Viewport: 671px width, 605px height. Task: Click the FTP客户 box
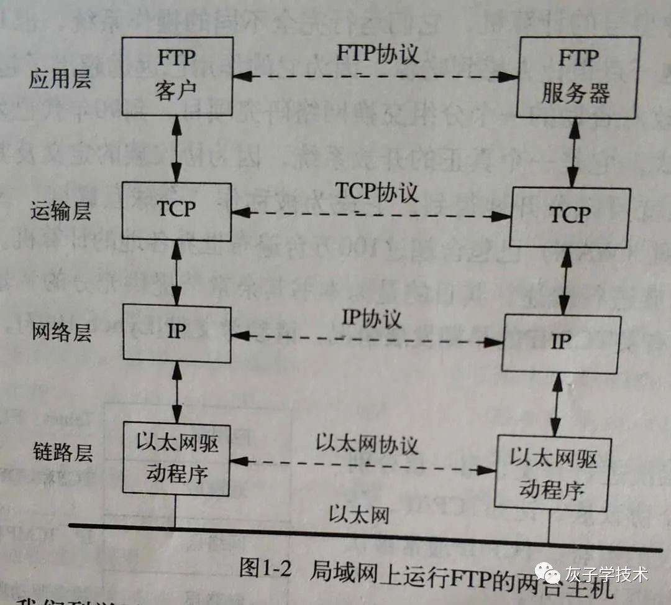(x=176, y=76)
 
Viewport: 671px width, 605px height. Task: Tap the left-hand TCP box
(x=176, y=211)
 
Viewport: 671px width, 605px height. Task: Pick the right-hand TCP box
(x=569, y=216)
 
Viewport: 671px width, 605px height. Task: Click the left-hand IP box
(x=176, y=331)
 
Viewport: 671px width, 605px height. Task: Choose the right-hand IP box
(x=562, y=343)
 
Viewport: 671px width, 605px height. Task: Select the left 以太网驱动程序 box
(x=176, y=459)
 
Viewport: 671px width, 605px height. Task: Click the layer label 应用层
(x=60, y=80)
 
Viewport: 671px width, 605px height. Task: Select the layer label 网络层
(x=60, y=332)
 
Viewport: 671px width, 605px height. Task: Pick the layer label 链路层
(x=60, y=453)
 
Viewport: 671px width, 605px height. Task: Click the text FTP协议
(x=378, y=54)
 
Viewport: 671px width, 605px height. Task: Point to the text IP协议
(x=372, y=318)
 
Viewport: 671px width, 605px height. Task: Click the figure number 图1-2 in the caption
(x=265, y=568)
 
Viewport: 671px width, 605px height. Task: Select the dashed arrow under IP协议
(x=367, y=339)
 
